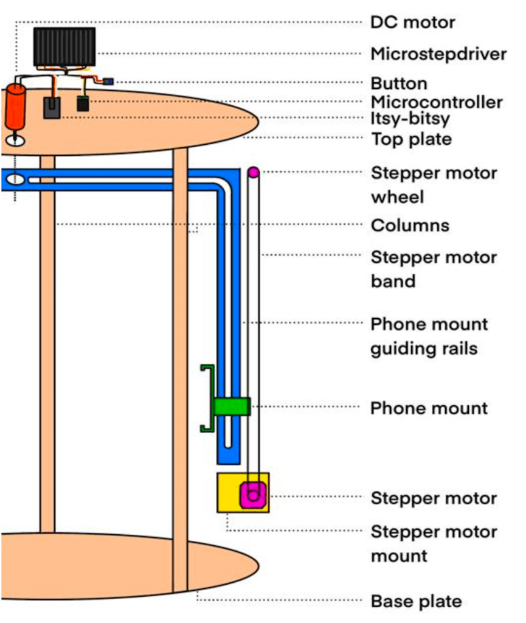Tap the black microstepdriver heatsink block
(64, 47)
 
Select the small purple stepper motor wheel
(254, 173)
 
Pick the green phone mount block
(232, 406)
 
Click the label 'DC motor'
(413, 23)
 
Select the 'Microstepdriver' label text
(438, 54)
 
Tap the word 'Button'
(399, 83)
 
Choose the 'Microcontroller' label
(437, 102)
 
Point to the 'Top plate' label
(412, 139)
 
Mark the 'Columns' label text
(410, 226)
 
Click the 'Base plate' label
(417, 602)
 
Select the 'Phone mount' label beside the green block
(429, 408)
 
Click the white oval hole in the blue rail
(16, 179)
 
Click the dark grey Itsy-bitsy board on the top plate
(52, 108)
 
